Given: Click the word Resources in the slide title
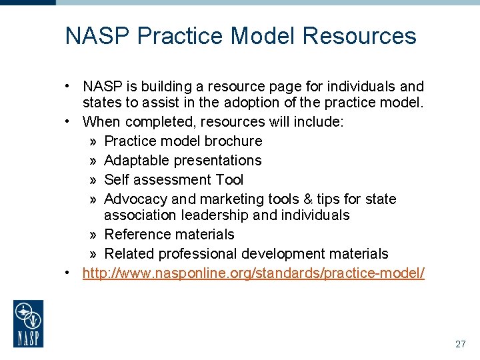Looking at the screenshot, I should tap(359, 36).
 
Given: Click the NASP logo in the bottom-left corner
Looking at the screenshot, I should tap(29, 323).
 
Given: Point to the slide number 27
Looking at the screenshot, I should tap(460, 344).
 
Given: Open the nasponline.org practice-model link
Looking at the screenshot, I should tap(253, 273).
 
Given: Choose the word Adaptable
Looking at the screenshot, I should tap(137, 161).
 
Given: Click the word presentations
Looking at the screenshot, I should tap(217, 161).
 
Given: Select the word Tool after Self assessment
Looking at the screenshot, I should tap(230, 180).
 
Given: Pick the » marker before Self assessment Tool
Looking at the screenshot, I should tap(93, 180).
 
